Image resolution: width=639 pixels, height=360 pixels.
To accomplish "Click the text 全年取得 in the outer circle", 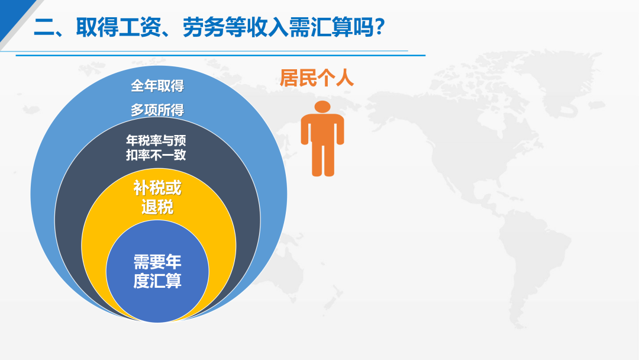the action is (x=157, y=86).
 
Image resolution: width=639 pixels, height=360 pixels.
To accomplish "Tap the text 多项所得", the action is (x=157, y=110).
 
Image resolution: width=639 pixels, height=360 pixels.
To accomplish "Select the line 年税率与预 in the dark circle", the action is (x=156, y=141).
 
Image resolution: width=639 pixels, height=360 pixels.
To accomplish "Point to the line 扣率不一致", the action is (x=156, y=155).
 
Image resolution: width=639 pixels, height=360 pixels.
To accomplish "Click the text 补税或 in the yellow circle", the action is (x=157, y=188).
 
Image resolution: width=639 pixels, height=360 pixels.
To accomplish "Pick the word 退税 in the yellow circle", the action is (x=157, y=207).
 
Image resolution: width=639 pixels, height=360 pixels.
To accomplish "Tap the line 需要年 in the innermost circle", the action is (x=157, y=262).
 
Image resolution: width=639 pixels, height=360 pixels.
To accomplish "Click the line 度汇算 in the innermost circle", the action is (x=157, y=281).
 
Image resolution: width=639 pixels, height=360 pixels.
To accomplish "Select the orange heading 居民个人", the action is (x=317, y=78).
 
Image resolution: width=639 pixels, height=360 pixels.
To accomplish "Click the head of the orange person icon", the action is (x=322, y=107).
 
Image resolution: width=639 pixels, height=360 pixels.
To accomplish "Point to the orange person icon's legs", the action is (x=323, y=159).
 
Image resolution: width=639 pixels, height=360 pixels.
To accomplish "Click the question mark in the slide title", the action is (x=380, y=27).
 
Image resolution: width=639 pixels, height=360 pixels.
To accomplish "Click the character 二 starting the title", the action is (x=44, y=27).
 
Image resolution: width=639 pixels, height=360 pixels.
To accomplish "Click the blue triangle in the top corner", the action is (x=12, y=14).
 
